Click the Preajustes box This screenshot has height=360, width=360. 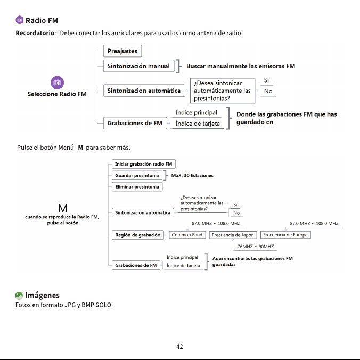pyautogui.click(x=122, y=51)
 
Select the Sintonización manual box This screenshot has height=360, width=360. pyautogui.click(x=138, y=66)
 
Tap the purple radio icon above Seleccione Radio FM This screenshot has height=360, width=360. pyautogui.click(x=57, y=83)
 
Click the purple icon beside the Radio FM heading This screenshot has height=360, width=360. pyautogui.click(x=20, y=20)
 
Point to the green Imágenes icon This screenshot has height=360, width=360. pyautogui.click(x=19, y=296)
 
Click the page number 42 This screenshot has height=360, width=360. pyautogui.click(x=179, y=347)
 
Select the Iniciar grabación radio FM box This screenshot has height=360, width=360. pyautogui.click(x=144, y=164)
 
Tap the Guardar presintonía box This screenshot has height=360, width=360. pyautogui.click(x=137, y=175)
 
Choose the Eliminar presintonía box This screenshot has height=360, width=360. pyautogui.click(x=137, y=187)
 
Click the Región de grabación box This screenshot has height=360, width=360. pyautogui.click(x=138, y=235)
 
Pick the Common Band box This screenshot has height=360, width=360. pyautogui.click(x=187, y=235)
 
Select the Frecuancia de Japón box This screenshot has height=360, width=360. pyautogui.click(x=233, y=235)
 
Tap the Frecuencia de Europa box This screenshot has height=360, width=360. pyautogui.click(x=285, y=235)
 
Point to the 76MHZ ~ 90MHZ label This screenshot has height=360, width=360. pyautogui.click(x=256, y=247)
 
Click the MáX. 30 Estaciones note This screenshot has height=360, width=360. pyautogui.click(x=192, y=175)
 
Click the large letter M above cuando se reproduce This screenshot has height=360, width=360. pyautogui.click(x=63, y=208)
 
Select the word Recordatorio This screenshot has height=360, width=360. pyautogui.click(x=36, y=33)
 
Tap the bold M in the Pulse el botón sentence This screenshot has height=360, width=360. pyautogui.click(x=80, y=148)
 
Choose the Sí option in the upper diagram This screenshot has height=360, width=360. pyautogui.click(x=266, y=80)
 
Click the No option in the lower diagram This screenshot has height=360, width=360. pyautogui.click(x=236, y=213)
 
